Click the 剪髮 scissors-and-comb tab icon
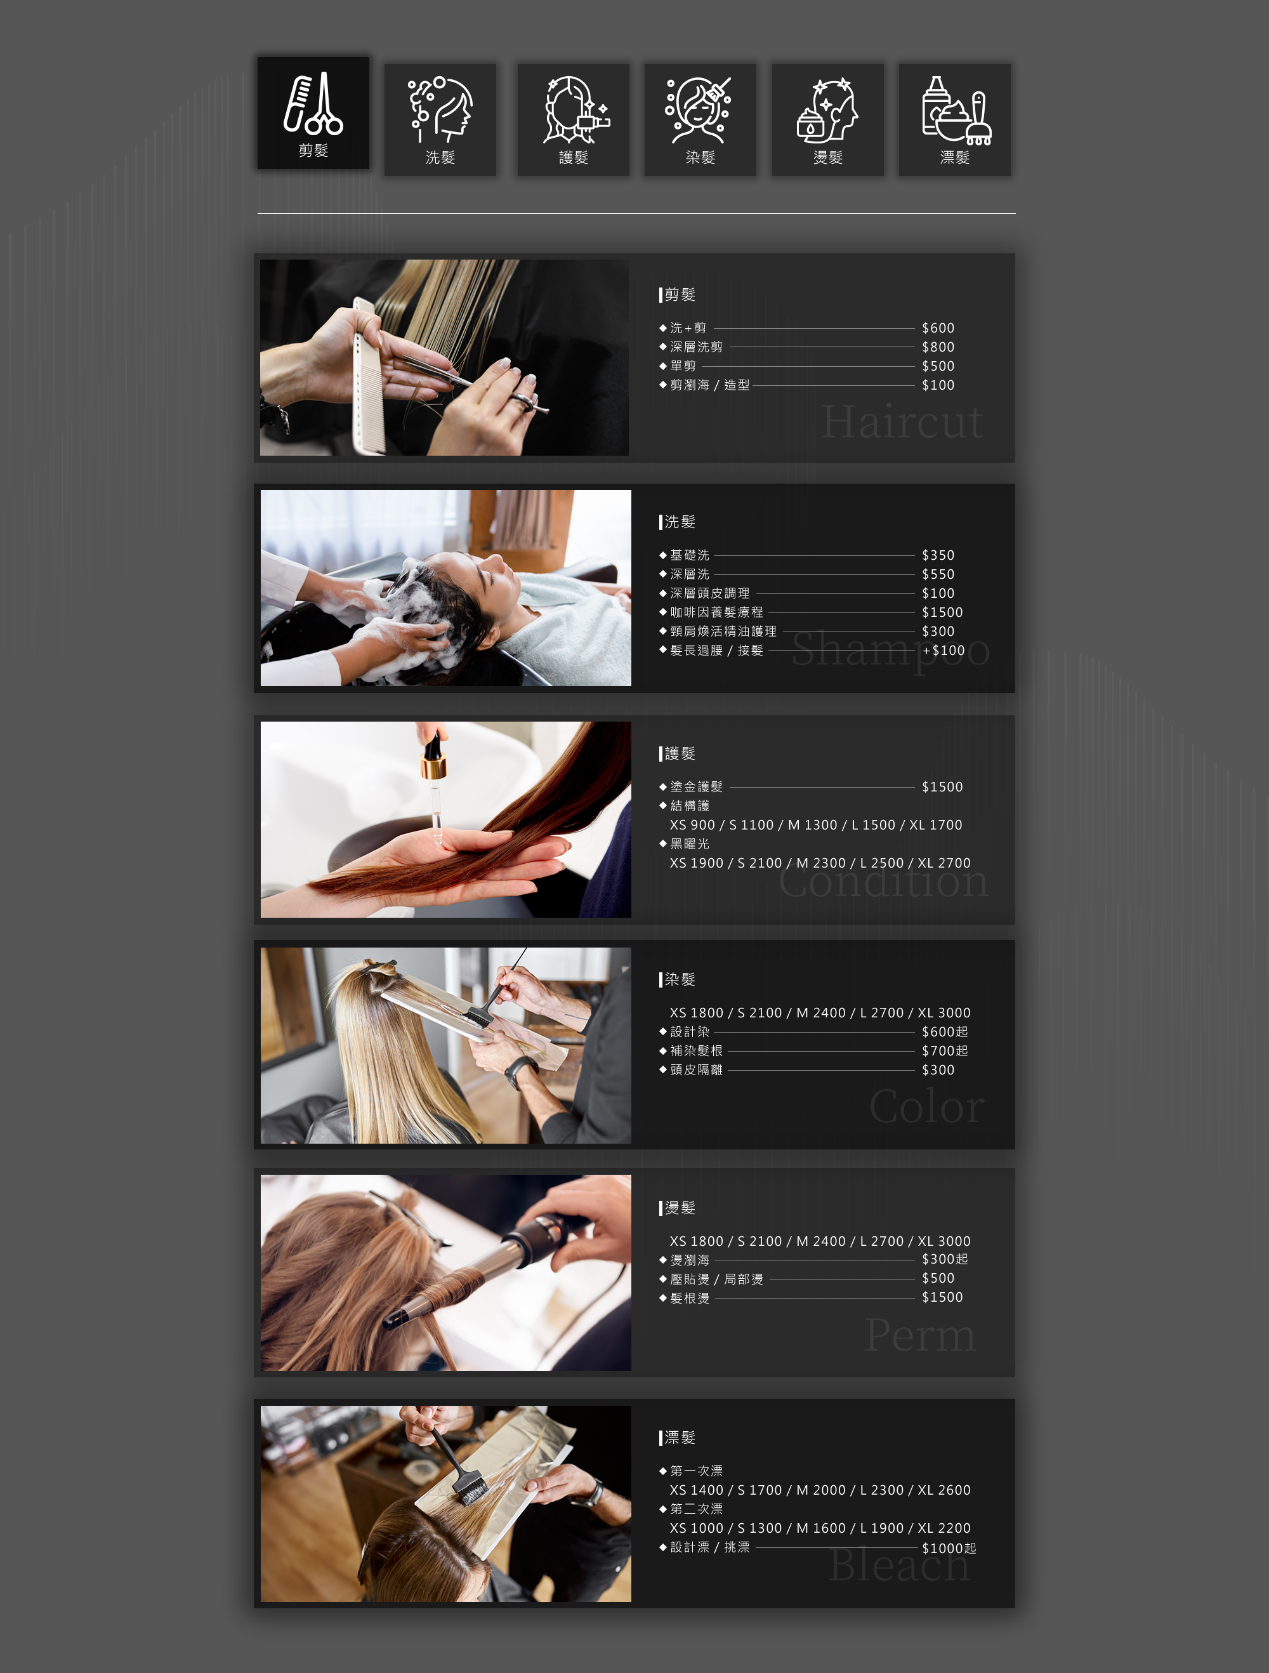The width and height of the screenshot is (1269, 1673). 313,103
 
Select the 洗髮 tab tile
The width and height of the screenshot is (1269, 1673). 440,119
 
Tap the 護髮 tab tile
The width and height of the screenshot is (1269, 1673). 573,119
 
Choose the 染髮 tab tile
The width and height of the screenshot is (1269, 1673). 700,119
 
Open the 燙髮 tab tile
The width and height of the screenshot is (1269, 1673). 827,119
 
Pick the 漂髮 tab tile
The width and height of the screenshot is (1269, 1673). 954,119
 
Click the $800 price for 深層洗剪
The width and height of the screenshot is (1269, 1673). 938,347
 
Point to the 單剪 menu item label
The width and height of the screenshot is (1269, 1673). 683,366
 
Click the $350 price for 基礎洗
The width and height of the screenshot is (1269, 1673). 938,555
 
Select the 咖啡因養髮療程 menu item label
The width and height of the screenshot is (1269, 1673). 716,612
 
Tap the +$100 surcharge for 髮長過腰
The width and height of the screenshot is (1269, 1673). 943,651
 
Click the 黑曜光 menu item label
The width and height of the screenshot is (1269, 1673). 690,843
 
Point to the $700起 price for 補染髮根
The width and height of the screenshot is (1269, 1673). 945,1050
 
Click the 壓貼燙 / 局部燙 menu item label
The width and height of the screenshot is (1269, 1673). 716,1279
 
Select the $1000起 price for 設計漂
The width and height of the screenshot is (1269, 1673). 949,1548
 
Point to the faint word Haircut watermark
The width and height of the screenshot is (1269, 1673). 902,422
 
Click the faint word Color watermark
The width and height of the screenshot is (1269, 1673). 926,1106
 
